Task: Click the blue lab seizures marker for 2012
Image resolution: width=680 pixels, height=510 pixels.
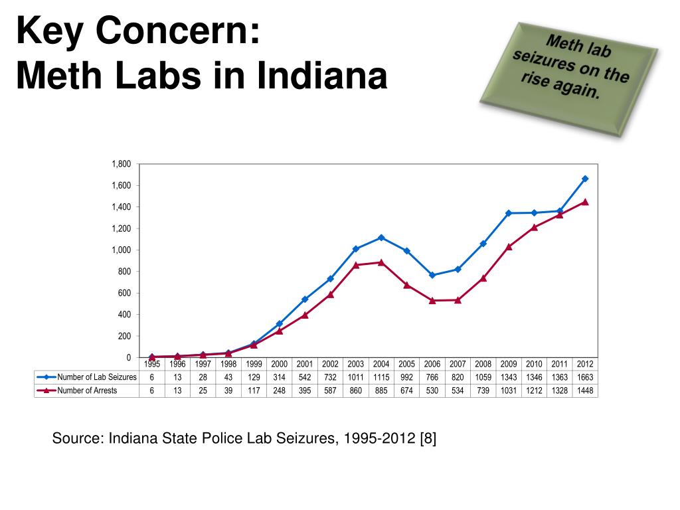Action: click(x=585, y=179)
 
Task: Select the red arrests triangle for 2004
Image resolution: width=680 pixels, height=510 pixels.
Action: click(x=381, y=262)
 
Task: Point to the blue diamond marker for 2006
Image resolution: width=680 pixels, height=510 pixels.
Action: click(x=432, y=276)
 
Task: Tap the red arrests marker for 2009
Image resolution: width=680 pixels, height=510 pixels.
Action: click(x=509, y=247)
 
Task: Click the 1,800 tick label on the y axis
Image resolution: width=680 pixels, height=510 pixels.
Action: click(x=122, y=164)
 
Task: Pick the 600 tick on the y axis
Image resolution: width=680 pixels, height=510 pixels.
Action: click(x=124, y=293)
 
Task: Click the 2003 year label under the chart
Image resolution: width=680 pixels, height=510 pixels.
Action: click(x=356, y=364)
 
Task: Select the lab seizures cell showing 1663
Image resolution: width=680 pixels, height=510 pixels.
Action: click(x=585, y=377)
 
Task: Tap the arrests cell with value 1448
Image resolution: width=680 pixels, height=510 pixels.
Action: click(x=585, y=390)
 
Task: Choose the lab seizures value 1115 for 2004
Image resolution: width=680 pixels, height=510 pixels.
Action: click(x=381, y=377)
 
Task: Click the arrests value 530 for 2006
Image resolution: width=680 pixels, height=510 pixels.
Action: click(x=432, y=390)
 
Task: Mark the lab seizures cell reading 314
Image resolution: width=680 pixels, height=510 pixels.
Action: click(x=280, y=377)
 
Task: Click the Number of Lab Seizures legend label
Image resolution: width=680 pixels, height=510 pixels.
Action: click(x=97, y=377)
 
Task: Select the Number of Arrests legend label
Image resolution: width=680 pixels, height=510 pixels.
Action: click(x=87, y=390)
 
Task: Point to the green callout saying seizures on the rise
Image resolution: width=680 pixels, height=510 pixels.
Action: click(x=569, y=79)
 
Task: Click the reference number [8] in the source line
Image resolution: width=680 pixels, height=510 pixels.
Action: click(x=428, y=438)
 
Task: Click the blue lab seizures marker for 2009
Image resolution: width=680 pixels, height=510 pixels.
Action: click(x=509, y=213)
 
